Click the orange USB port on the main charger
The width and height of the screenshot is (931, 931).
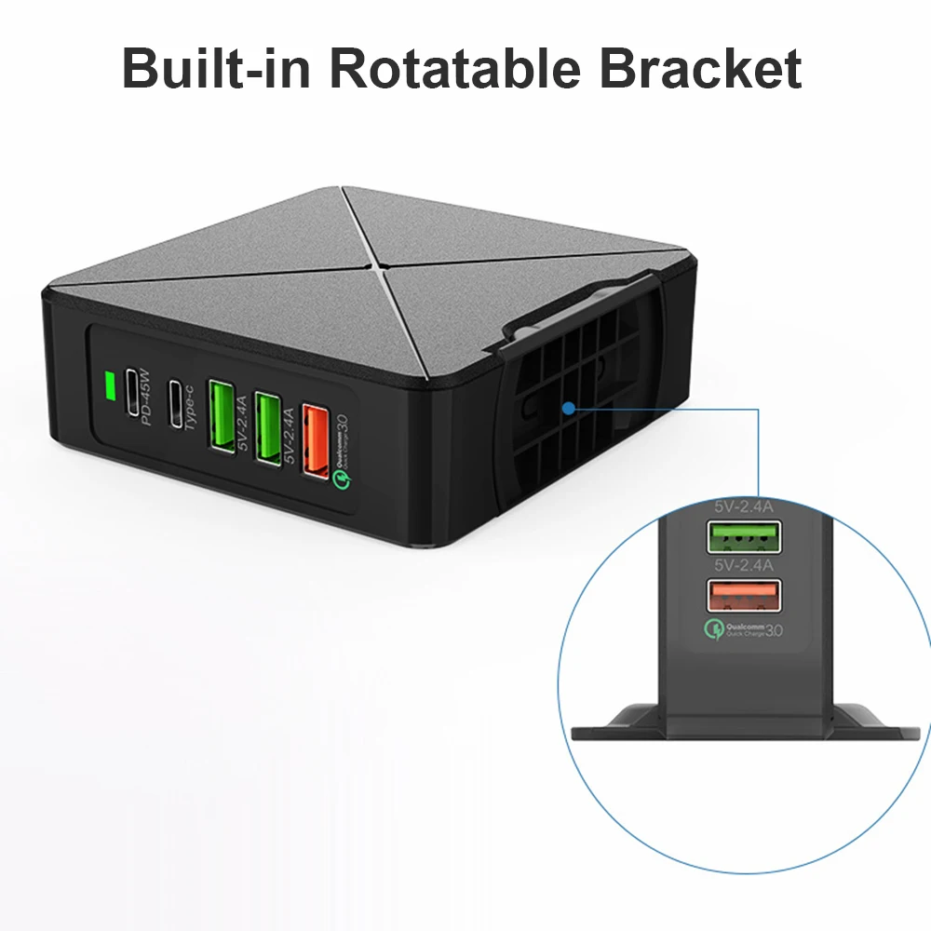[x=314, y=434]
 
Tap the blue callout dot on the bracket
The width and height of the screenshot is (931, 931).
[x=566, y=407]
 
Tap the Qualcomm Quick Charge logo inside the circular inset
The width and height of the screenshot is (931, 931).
[x=745, y=630]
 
